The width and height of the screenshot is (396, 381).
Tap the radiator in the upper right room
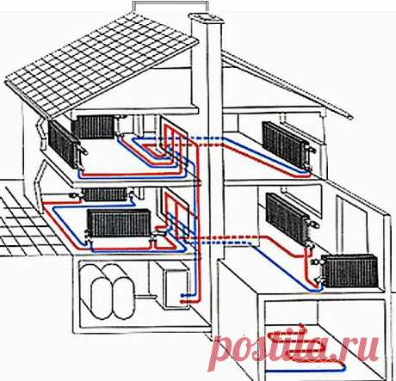click(x=286, y=144)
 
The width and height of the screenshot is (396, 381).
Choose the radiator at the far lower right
click(x=350, y=271)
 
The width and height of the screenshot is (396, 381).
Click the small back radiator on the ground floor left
click(x=104, y=194)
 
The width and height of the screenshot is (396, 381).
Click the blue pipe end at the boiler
click(x=182, y=295)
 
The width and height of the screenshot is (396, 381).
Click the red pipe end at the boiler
click(x=182, y=301)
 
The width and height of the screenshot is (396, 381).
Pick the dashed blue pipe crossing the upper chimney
click(x=206, y=138)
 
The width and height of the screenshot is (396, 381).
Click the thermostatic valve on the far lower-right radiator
click(x=316, y=261)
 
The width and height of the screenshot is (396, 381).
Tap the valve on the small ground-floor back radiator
click(x=74, y=196)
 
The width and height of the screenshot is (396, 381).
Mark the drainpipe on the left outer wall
click(x=40, y=166)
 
